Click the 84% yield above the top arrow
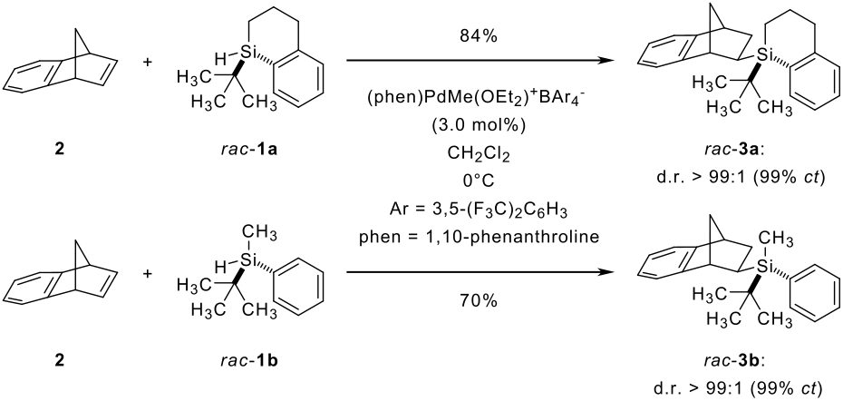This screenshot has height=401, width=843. coord(480,37)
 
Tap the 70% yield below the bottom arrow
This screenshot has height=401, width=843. coord(480,302)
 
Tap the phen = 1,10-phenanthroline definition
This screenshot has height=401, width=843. coord(480,236)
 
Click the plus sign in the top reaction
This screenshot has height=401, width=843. coord(148,62)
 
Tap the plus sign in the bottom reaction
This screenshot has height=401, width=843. coord(148,273)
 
